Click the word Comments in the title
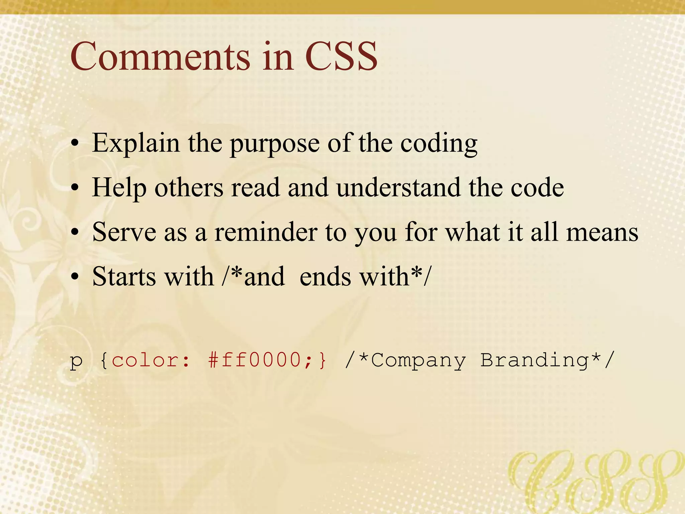[x=160, y=57]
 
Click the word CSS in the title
[x=341, y=57]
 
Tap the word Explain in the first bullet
[x=136, y=144]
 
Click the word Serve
[x=124, y=232]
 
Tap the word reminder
[x=266, y=232]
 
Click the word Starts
[x=123, y=277]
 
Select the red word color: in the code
[x=151, y=360]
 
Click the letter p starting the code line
[x=76, y=361]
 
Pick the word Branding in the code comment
[x=534, y=360]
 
